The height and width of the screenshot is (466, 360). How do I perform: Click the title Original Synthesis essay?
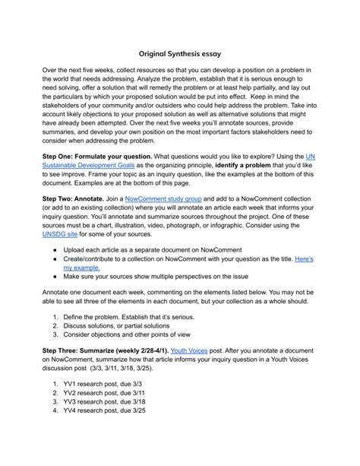[180, 54]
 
